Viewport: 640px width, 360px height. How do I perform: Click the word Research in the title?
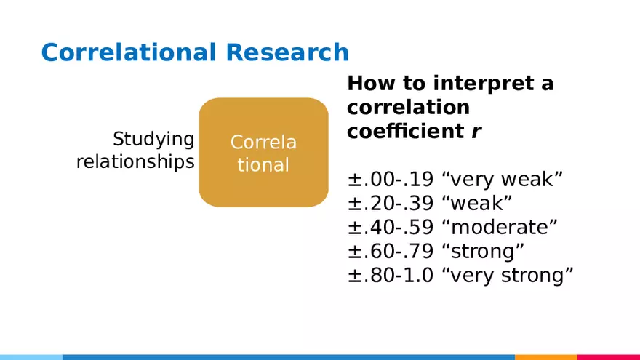(287, 53)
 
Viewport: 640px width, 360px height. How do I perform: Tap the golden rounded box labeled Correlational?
(263, 153)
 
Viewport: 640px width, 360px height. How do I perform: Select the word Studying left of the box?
(153, 139)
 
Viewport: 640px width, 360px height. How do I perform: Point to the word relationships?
(135, 161)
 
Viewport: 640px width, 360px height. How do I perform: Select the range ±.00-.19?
(391, 179)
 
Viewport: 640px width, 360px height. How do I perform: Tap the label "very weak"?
(503, 179)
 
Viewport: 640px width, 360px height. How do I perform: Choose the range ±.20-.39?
(391, 203)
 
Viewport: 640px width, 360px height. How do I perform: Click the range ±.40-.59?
(391, 227)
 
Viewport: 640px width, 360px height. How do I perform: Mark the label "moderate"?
(500, 227)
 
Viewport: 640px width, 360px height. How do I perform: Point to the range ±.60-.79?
(391, 251)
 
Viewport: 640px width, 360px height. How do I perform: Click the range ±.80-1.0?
(391, 275)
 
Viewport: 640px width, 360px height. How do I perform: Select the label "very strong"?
(508, 275)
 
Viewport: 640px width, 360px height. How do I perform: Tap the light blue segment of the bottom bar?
(31, 356)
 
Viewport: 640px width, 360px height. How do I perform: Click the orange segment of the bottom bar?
(545, 356)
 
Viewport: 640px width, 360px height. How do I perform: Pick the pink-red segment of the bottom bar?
(608, 356)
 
